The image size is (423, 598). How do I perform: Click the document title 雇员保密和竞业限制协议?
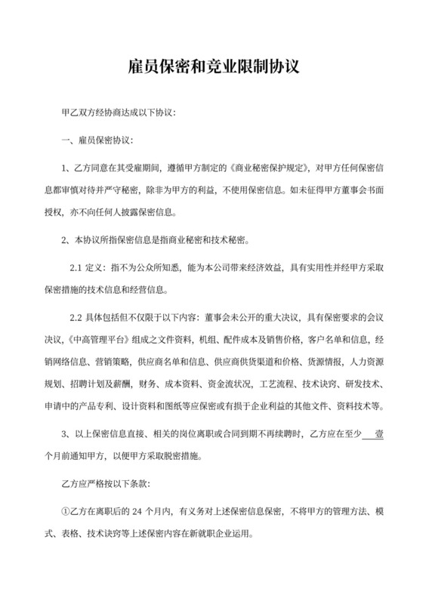(211, 67)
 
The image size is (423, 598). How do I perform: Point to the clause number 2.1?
(78, 268)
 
